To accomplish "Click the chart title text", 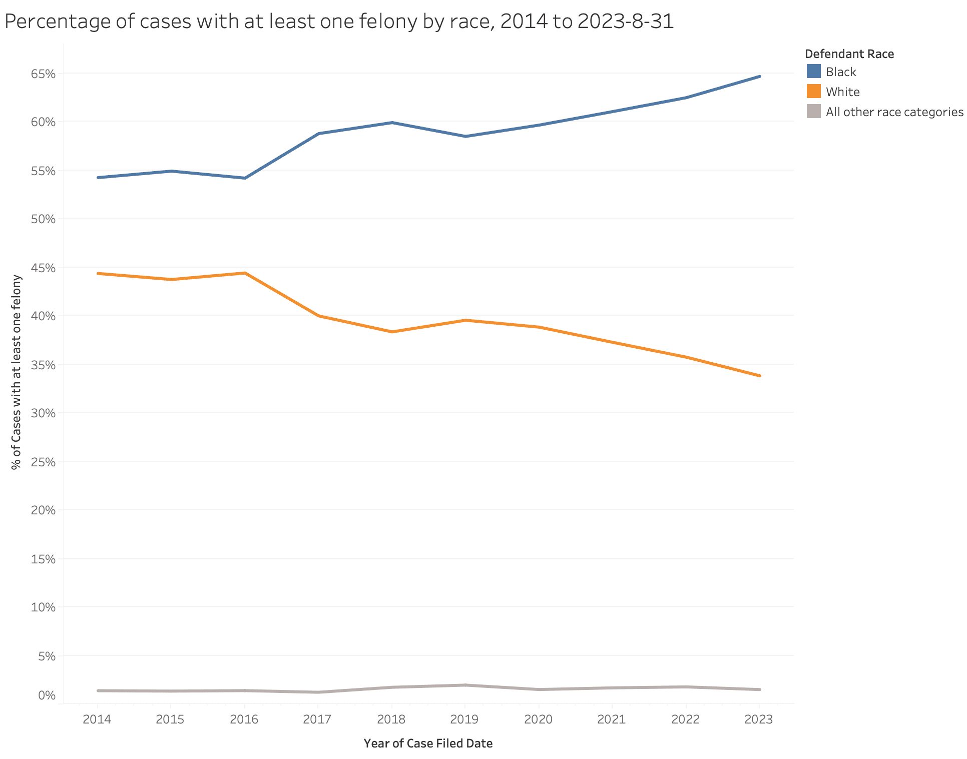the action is pos(339,22).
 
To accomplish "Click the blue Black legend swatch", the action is pos(814,72).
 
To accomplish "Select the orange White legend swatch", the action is pos(814,92).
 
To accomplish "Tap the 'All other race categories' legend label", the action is pos(894,112).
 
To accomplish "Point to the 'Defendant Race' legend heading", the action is pos(849,54).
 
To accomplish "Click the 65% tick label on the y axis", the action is pos(43,74).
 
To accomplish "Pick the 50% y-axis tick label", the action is pos(43,219).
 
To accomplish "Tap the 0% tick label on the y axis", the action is pos(47,695).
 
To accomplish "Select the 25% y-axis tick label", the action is pos(43,462).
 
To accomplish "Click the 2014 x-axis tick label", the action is pos(97,719).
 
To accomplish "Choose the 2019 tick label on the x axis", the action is pos(464,719).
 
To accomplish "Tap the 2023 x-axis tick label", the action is pos(759,719).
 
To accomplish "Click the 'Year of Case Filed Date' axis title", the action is pos(428,743).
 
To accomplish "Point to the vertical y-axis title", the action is pos(17,372).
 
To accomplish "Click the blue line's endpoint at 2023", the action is pos(759,77).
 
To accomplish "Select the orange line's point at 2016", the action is pos(245,273).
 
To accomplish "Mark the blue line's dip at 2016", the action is pos(245,178).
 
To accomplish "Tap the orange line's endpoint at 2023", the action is pos(759,376).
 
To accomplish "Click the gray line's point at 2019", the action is pos(465,685).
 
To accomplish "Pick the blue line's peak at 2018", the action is pos(392,123).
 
